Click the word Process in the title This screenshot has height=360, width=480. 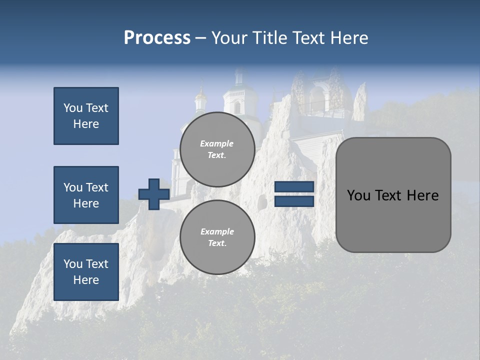157,38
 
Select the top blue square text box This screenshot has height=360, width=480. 86,116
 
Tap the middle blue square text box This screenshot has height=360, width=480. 86,195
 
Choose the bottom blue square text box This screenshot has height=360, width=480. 86,272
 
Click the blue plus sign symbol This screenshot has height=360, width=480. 154,194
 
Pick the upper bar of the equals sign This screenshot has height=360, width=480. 294,187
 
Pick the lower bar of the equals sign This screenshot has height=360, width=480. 294,201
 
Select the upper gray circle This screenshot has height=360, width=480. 217,149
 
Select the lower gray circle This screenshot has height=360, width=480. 217,237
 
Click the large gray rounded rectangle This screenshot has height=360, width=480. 393,220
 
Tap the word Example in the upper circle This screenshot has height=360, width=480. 217,143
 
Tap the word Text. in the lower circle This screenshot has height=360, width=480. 217,243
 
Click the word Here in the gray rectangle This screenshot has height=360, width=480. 422,195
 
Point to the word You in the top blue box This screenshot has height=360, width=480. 72,108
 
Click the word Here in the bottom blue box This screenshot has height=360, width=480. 86,280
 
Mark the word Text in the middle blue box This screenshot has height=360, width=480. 96,187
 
